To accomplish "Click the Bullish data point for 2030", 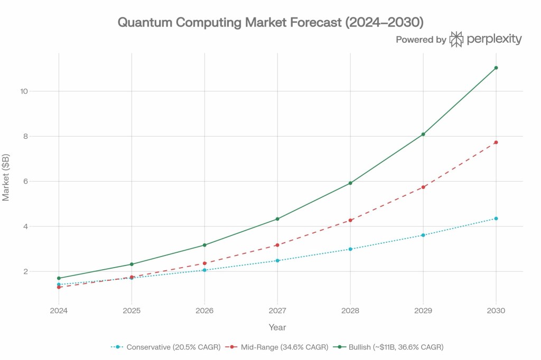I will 496,68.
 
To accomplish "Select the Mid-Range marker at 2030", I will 496,143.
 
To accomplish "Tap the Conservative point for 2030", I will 496,219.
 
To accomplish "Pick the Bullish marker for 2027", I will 277,219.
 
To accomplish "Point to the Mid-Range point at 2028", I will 350,220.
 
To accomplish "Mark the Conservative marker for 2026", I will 204,270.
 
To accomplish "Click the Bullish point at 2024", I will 59,278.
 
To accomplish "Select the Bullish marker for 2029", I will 423,134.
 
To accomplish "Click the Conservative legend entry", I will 165,347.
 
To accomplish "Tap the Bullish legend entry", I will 390,347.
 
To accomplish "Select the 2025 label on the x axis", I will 132,310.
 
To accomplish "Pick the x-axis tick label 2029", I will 423,310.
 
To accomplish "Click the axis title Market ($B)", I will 6,178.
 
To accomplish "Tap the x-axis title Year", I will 277,327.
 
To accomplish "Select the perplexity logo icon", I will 456,39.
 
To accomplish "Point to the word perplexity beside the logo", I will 494,39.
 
